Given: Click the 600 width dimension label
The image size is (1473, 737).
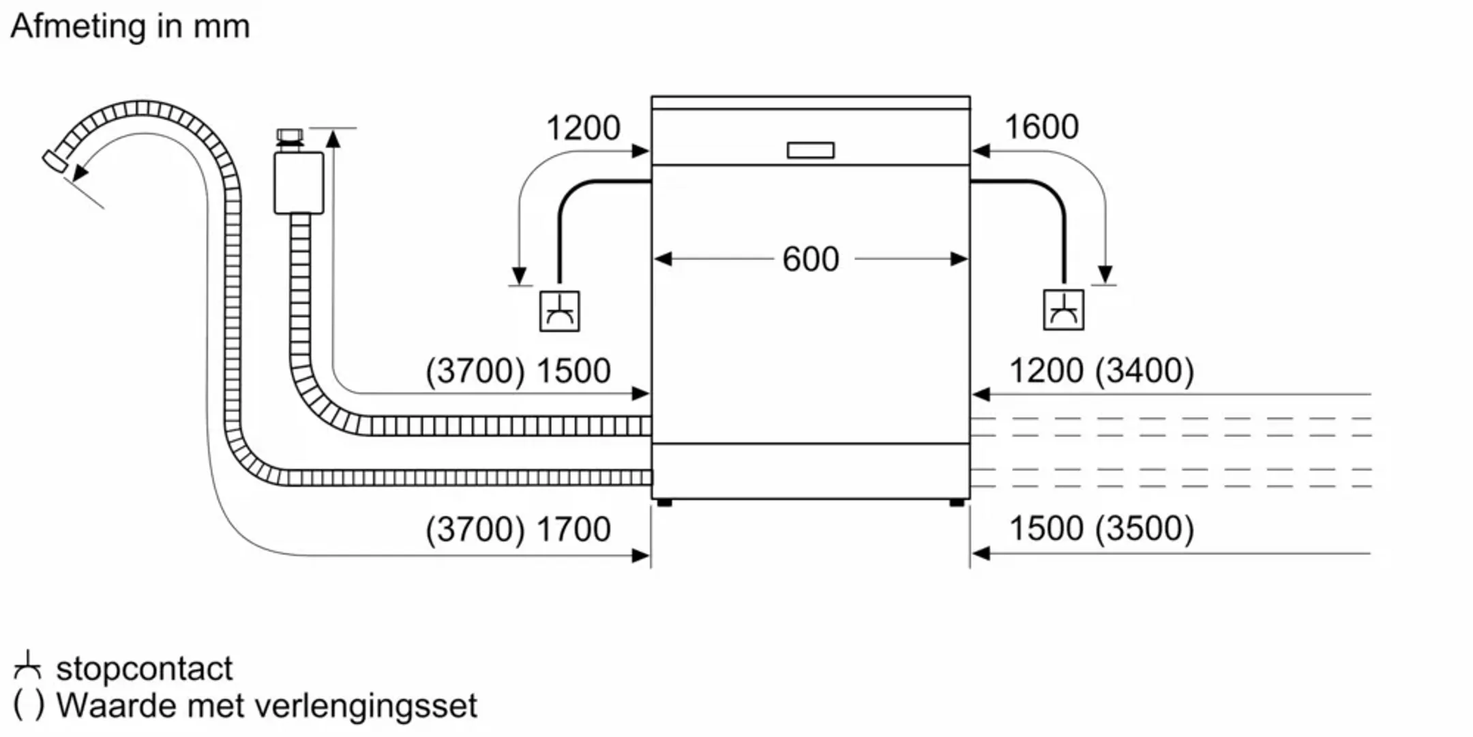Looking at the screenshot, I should point(810,259).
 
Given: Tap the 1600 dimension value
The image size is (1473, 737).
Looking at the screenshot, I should point(1041,127).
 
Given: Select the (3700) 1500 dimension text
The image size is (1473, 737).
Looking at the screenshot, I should point(518,371).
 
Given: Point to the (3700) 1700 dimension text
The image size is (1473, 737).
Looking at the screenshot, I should point(518,529).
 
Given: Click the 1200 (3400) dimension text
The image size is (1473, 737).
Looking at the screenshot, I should point(1101,371).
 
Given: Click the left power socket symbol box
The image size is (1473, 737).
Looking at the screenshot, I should point(559,311).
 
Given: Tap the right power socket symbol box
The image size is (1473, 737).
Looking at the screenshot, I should point(1063,310).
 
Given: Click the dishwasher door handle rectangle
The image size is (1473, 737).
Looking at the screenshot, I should point(810,150).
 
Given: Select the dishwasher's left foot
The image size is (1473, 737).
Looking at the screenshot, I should point(664,504).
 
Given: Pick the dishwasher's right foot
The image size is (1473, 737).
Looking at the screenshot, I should point(957,504).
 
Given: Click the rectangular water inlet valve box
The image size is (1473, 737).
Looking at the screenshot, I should point(299,183).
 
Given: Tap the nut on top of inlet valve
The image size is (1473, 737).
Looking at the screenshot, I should point(290,136).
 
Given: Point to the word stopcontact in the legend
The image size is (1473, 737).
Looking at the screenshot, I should point(145,669).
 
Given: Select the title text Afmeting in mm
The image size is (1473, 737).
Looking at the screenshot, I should point(130,27).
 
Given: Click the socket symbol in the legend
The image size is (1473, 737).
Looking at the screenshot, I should point(27,666).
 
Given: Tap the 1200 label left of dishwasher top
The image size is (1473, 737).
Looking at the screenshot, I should point(583,128).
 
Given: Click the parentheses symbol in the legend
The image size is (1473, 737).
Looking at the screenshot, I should point(29,706).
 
